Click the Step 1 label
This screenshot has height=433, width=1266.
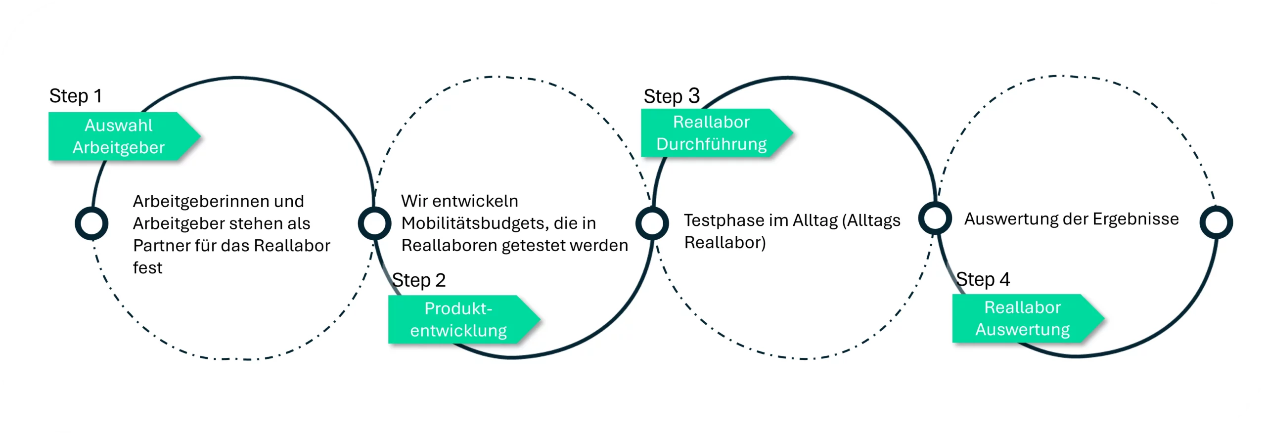pos(76,96)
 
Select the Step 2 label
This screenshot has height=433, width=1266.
pos(419,280)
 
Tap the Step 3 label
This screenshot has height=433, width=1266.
pos(671,96)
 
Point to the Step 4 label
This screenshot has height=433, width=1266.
pos(983,279)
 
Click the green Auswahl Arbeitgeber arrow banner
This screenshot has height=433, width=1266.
pos(121,136)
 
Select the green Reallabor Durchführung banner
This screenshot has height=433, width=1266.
pos(714,133)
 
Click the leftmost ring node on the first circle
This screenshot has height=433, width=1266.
pos(91,223)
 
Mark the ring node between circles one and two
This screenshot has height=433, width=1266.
pos(374,223)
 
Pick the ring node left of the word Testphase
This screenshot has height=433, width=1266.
pos(652,223)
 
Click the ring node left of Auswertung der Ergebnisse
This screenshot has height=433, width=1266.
pos(935,218)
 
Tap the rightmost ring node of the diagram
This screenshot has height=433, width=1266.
pos(1216,222)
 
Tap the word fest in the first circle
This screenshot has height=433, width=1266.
pos(147,267)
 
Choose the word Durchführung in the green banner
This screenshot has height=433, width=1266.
pos(711,144)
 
